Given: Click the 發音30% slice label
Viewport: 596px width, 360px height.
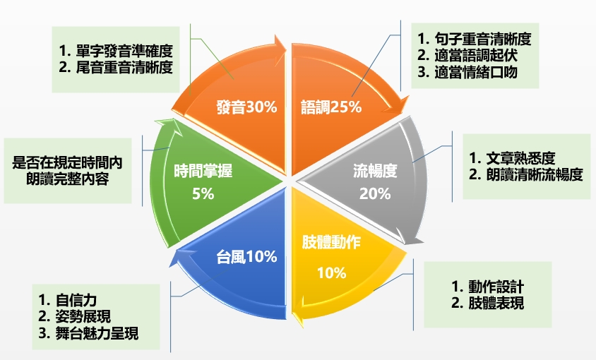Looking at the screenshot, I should coord(246,107).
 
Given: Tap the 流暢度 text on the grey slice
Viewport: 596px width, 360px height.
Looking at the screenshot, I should coord(375,170).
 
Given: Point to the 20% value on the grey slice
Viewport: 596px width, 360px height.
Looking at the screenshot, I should coord(375,194).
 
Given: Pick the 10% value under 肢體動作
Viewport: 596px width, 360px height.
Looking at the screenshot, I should coord(331,273).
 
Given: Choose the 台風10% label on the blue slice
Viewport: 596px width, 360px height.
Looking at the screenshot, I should coord(246,257).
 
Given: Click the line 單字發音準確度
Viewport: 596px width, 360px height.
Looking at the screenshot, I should coord(117,52).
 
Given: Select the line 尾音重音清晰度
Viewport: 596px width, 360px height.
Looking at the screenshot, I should coord(117,68).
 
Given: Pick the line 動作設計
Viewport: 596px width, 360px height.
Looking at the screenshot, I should coord(488,287).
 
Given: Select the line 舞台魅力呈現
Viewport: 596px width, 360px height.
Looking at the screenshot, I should coord(89,333).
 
